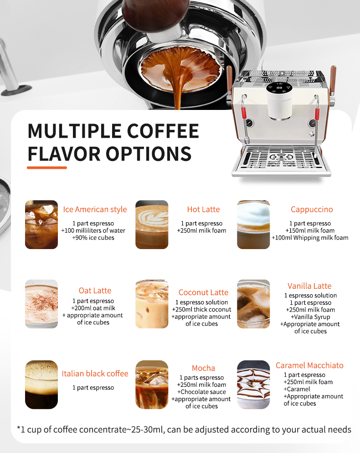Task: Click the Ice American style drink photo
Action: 41,224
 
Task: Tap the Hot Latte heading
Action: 203,209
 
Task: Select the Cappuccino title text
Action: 312,209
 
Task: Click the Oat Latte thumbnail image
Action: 41,304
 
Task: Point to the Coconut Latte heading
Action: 203,292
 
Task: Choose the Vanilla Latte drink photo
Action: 253,304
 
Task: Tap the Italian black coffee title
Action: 95,374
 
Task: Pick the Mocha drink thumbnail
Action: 152,385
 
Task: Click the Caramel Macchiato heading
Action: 309,365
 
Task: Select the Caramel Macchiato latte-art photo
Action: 253,385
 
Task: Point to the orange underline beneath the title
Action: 47,168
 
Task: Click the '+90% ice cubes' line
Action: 93,238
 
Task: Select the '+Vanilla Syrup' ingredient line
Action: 310,317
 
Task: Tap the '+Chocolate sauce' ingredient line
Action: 201,392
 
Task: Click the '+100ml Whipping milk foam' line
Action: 310,238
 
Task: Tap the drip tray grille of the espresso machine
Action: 280,158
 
